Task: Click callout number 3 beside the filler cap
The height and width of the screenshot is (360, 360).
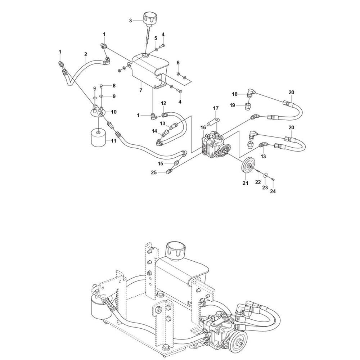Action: (x=130, y=21)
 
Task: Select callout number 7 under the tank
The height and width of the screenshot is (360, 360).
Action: (x=141, y=90)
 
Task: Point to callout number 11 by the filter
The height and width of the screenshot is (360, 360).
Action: (x=114, y=141)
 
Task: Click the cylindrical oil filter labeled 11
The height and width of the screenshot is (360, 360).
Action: (x=99, y=137)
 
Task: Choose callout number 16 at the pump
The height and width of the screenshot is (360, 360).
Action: (x=203, y=127)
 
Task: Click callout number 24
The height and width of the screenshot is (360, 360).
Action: (x=273, y=191)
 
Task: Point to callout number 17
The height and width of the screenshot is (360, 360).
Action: (x=216, y=108)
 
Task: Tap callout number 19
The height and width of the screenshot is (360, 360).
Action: (x=232, y=105)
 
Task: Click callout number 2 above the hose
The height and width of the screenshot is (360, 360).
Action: (x=86, y=54)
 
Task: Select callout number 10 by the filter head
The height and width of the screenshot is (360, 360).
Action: (x=114, y=112)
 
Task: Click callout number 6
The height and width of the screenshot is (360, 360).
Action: (x=178, y=63)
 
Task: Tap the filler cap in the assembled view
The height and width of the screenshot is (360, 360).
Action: (x=176, y=249)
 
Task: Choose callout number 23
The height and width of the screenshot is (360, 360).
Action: (x=265, y=188)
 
